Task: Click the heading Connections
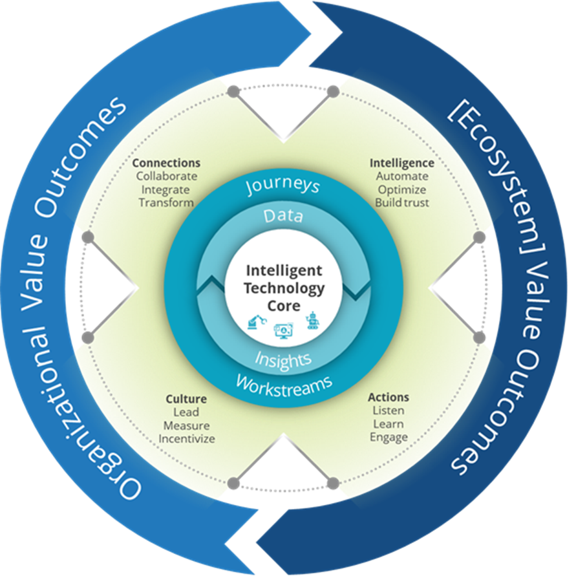click(x=166, y=163)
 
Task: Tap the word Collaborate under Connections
click(x=166, y=176)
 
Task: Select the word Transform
click(x=166, y=202)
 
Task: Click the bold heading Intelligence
click(x=401, y=163)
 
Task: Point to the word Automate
click(x=401, y=176)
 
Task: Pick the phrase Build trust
click(x=401, y=202)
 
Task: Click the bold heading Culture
click(x=186, y=399)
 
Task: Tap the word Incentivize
click(x=186, y=439)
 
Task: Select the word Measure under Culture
click(x=186, y=425)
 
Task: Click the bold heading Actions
click(x=389, y=397)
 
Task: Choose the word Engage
click(x=389, y=437)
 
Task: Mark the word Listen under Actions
click(x=389, y=411)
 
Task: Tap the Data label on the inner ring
click(x=283, y=216)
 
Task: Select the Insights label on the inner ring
click(x=283, y=358)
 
